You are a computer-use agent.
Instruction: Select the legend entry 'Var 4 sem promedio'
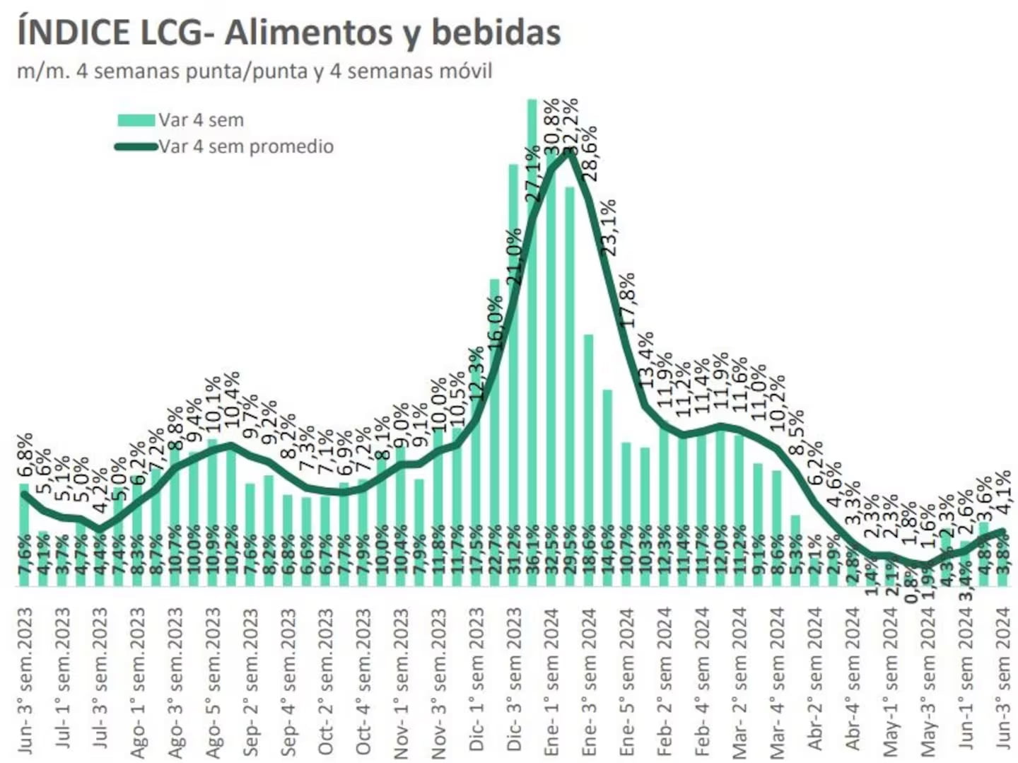pyautogui.click(x=245, y=146)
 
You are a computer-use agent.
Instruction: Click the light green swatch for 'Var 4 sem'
pyautogui.click(x=136, y=120)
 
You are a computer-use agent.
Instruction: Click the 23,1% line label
pyautogui.click(x=608, y=227)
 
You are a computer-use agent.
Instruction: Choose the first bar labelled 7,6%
pyautogui.click(x=24, y=537)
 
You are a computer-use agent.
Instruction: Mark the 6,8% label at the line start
pyautogui.click(x=25, y=456)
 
